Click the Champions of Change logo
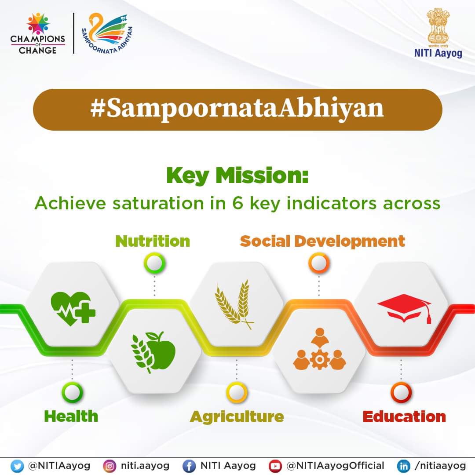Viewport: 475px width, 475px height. pos(37,33)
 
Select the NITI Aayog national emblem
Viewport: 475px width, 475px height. pos(438,28)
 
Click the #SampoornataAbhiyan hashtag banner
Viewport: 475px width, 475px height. pos(237,110)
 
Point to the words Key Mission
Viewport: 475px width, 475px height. pos(237,175)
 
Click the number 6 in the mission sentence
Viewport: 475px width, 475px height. pos(238,203)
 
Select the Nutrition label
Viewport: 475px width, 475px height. pos(153,241)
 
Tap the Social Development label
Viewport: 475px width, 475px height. pos(322,241)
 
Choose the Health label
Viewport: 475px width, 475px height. pos(71,416)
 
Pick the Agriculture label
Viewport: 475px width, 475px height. pos(237,417)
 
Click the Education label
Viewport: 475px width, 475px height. pos(404,417)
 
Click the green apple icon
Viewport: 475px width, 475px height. pos(153,352)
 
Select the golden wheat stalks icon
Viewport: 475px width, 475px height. pos(234,304)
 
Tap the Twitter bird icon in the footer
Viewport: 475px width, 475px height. pos(17,466)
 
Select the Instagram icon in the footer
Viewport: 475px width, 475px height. pos(110,466)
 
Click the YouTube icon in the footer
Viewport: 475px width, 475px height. pos(275,466)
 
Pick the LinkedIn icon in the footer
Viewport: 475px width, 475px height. pos(403,466)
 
